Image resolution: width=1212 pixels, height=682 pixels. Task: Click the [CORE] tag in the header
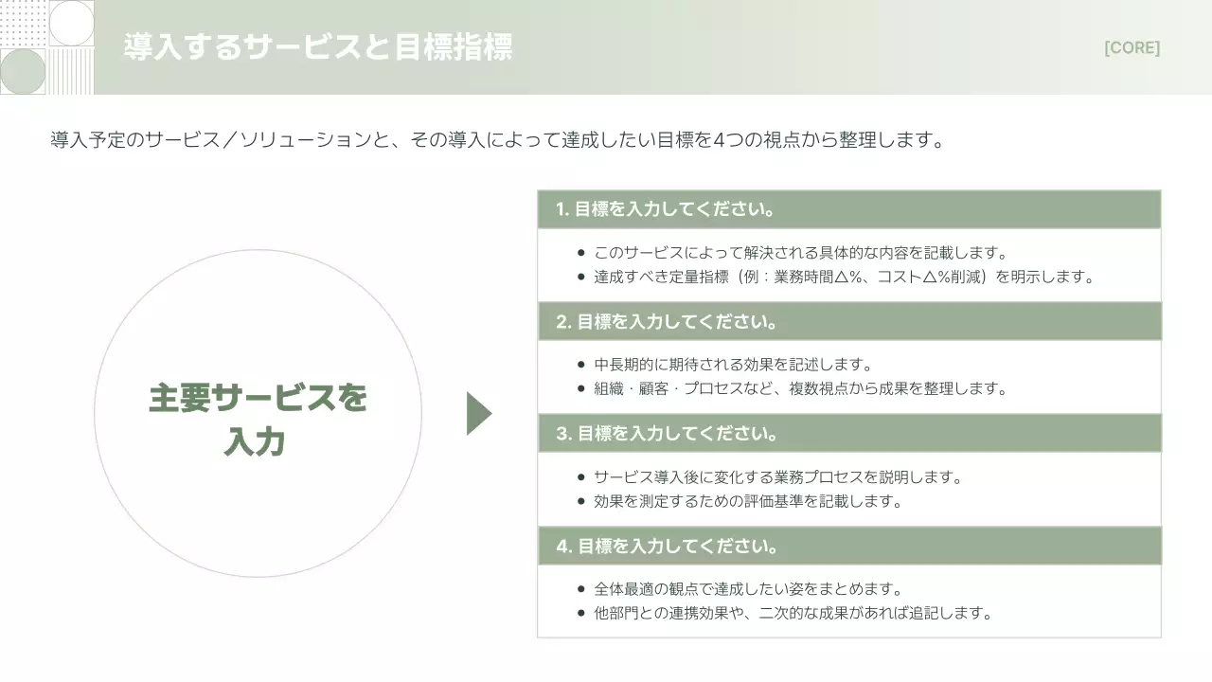[x=1132, y=48]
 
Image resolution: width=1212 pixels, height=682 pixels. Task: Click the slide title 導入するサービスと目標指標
[x=318, y=47]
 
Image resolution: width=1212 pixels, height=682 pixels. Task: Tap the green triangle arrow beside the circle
[x=478, y=413]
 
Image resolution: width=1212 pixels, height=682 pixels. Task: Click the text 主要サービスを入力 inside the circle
[x=258, y=420]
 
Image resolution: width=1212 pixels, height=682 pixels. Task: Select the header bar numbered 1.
[x=848, y=209]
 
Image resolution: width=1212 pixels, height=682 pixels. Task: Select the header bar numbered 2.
[x=848, y=321]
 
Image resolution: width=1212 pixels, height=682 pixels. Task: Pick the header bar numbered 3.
[x=848, y=434]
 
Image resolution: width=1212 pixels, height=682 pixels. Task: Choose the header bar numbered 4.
[x=848, y=547]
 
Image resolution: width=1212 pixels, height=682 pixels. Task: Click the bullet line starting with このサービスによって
[x=800, y=253]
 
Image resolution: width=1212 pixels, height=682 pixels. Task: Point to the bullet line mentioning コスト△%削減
[x=844, y=278]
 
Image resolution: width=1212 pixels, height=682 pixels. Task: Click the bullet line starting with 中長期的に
[x=732, y=365]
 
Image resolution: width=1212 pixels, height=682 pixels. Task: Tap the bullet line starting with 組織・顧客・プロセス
[x=800, y=388]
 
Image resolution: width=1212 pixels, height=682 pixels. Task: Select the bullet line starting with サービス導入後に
[x=777, y=477]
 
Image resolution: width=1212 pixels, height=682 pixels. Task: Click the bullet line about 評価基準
[x=748, y=501]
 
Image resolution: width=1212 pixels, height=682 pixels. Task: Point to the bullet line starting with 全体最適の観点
[x=748, y=589]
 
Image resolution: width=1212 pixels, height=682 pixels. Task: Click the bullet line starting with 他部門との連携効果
[x=793, y=613]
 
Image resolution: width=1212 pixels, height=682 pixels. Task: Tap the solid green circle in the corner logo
[x=23, y=71]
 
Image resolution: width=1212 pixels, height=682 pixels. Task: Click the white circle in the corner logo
[x=71, y=23]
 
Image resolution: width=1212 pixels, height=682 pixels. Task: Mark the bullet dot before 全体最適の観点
[x=580, y=589]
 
